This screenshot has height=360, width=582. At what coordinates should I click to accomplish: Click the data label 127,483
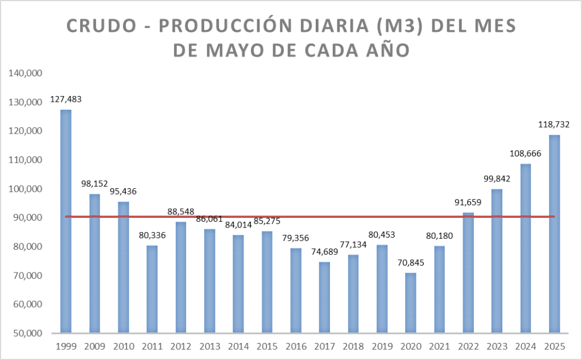coord(66,99)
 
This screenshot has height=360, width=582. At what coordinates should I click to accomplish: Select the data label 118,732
coord(554,124)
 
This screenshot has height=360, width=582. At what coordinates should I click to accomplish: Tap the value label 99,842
coord(497,178)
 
